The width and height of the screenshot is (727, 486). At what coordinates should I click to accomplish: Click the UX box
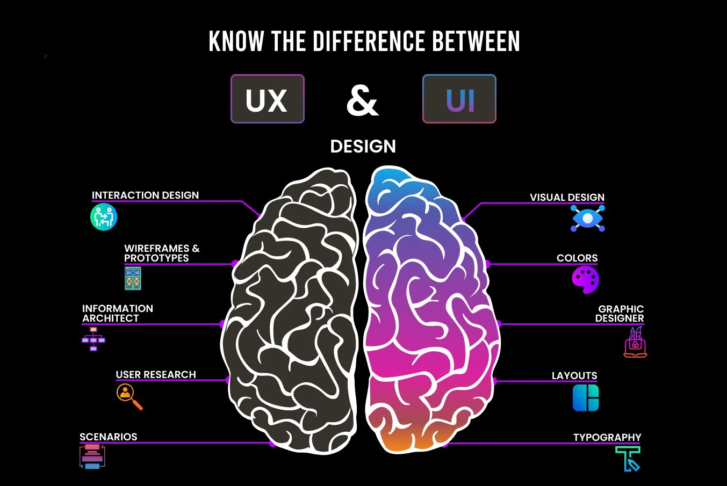(x=267, y=99)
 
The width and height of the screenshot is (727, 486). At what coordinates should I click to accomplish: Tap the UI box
(x=459, y=99)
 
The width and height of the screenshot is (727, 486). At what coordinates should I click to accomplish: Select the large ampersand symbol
(x=363, y=100)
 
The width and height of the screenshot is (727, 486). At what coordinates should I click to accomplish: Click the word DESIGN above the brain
(x=363, y=146)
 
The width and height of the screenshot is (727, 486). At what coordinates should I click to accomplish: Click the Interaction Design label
(x=145, y=195)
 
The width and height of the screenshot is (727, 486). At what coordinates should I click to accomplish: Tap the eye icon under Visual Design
(x=587, y=219)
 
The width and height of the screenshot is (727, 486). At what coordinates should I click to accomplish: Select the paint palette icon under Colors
(x=585, y=280)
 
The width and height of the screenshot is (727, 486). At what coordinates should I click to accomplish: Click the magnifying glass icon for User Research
(x=129, y=396)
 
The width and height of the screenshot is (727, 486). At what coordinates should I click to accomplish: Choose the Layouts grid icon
(x=586, y=398)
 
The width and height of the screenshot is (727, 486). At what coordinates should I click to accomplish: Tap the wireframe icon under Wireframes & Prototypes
(x=133, y=278)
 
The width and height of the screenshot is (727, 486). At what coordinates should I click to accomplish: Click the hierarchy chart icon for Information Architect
(x=93, y=339)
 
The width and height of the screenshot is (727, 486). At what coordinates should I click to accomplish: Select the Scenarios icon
(x=92, y=456)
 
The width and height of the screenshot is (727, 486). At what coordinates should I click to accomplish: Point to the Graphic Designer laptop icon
(x=635, y=343)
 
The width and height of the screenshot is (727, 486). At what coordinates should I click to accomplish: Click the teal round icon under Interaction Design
(x=104, y=217)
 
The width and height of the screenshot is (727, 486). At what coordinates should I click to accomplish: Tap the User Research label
(x=156, y=374)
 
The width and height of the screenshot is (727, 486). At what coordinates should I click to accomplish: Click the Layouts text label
(x=574, y=375)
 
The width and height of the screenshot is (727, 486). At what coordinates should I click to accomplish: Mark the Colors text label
(x=577, y=258)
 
